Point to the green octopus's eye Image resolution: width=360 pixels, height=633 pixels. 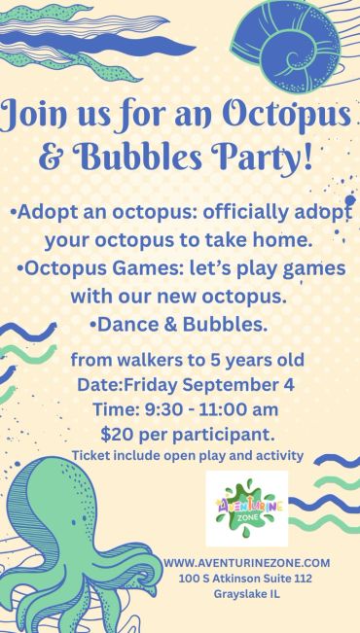[x=85, y=517]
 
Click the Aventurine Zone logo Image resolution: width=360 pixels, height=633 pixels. [x=247, y=509]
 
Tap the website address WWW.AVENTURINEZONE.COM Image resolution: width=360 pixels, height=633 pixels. [x=247, y=563]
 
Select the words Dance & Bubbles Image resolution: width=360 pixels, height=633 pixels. [x=182, y=325]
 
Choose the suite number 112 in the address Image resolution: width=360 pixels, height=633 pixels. [x=303, y=579]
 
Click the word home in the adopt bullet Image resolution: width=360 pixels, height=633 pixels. [x=287, y=241]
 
